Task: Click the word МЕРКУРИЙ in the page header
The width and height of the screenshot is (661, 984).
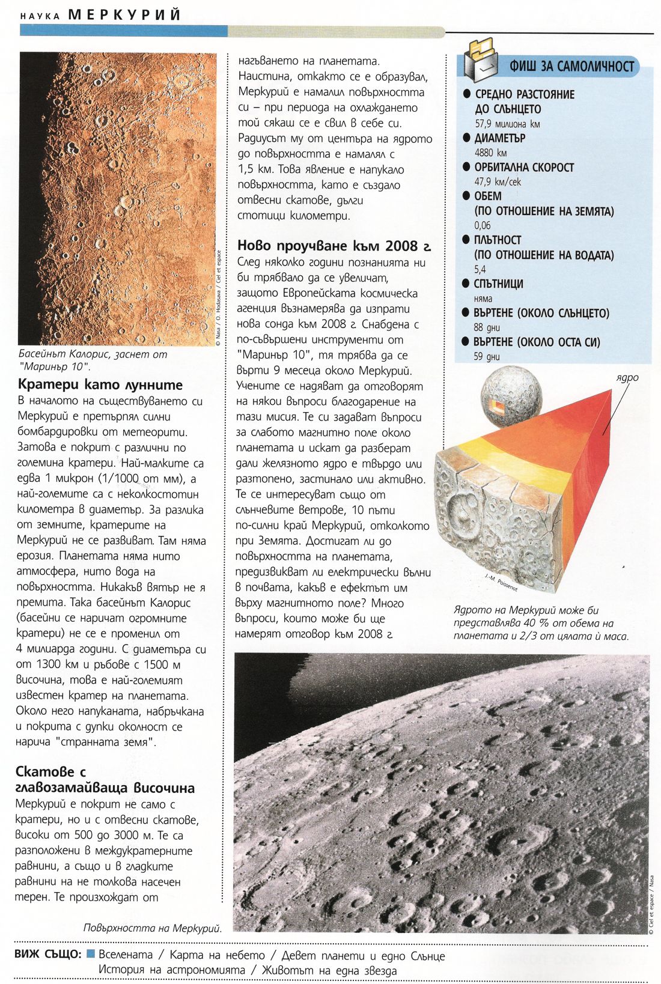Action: tap(124, 14)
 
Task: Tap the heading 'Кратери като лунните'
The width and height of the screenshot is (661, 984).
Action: tap(100, 385)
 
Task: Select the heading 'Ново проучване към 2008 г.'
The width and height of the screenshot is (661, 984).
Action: tap(334, 246)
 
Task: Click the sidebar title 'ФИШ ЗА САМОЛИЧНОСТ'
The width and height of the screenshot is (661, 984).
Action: tap(571, 67)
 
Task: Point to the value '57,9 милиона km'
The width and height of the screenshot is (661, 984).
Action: tap(507, 124)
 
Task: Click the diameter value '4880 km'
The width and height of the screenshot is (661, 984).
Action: tap(490, 153)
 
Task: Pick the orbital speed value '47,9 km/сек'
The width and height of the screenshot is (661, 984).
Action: tap(498, 181)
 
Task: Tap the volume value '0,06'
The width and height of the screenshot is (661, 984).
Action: tap(483, 225)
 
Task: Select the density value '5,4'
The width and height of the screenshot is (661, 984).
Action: tap(480, 269)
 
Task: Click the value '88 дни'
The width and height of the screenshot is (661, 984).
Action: tap(487, 327)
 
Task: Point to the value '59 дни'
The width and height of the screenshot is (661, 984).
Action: tap(487, 356)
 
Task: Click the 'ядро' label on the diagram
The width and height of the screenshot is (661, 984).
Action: tap(627, 378)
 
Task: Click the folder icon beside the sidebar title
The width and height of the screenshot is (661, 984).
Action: tap(483, 59)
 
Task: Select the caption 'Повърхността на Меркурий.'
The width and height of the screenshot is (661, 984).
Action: tap(153, 928)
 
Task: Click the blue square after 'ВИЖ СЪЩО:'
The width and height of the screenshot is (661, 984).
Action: tap(91, 954)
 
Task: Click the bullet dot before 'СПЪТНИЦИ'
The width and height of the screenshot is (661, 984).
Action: tap(466, 284)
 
